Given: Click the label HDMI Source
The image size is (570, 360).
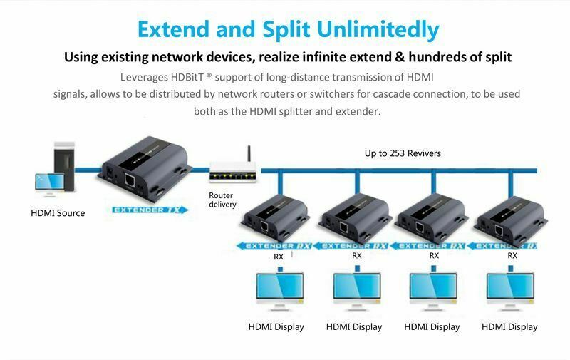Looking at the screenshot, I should point(58,213).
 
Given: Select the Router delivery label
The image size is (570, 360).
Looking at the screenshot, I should point(222,200).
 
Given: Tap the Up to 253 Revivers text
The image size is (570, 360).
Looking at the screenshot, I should point(403,153).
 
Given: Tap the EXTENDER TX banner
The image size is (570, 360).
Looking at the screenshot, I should point(147,210).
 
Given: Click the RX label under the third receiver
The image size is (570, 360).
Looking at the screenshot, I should point(434,255).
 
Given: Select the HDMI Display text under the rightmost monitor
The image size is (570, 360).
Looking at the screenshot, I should point(509,327).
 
